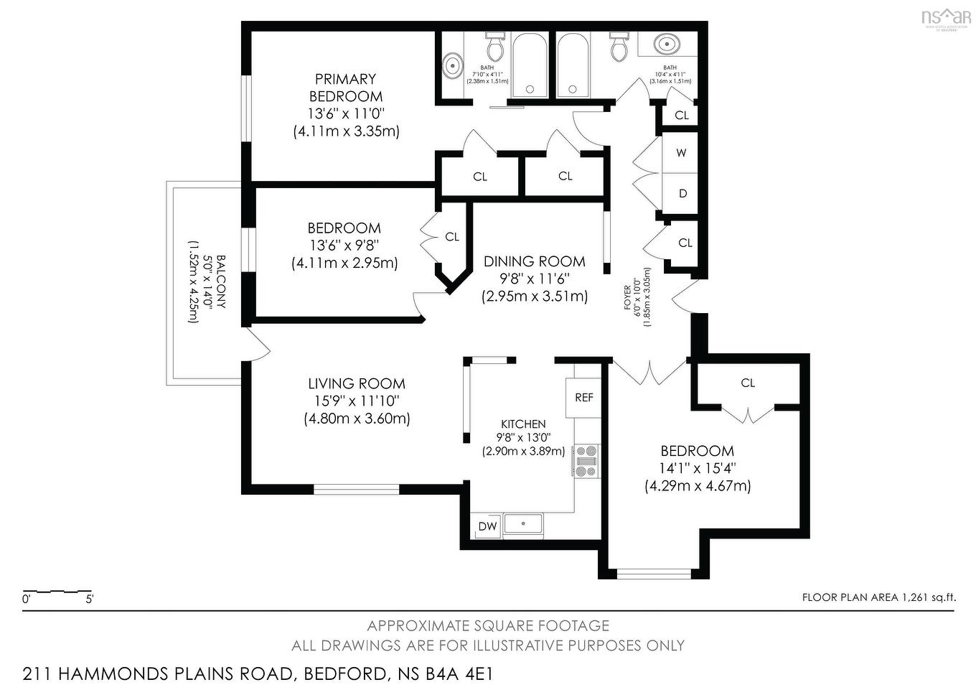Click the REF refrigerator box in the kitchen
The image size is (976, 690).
583,398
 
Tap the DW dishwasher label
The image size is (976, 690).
487,526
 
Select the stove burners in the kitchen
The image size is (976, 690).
586,461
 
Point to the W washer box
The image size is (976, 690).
681,153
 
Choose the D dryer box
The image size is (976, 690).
682,194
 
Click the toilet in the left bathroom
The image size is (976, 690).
494,47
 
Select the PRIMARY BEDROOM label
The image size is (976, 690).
345,88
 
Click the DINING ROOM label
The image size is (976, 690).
534,262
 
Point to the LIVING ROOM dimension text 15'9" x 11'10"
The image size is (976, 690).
357,401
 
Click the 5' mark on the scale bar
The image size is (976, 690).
89,599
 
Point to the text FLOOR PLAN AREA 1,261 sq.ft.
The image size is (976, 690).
878,597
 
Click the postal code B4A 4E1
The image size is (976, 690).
458,674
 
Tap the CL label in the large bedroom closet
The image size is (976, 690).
748,383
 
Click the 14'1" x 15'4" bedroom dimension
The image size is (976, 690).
698,469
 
